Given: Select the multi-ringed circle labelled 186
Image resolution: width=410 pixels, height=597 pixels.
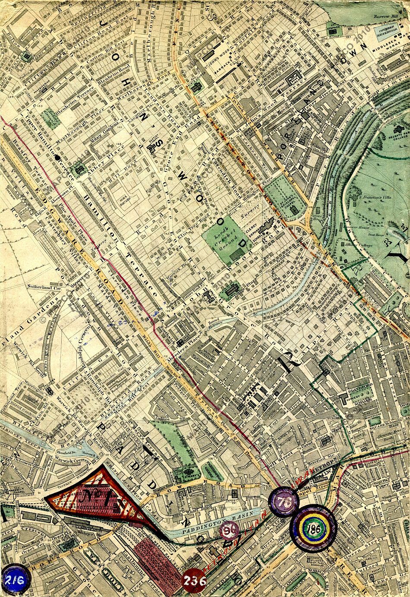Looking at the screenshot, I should pyautogui.click(x=313, y=528).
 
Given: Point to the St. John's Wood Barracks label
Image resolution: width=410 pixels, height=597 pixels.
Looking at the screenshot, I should pyautogui.click(x=227, y=60).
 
